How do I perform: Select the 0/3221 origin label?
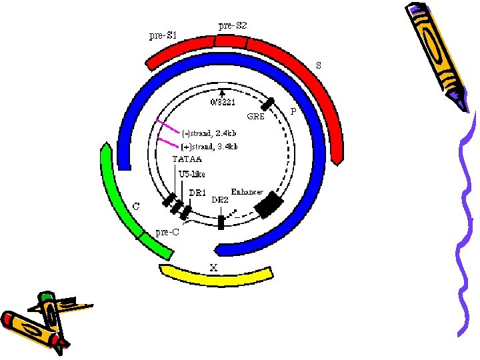(x=222, y=102)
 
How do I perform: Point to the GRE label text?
(x=256, y=116)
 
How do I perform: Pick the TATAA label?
(x=187, y=159)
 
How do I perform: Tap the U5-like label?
(x=192, y=175)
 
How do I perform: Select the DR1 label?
(x=197, y=193)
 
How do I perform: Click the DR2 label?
(x=220, y=199)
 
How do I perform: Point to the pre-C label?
(x=167, y=232)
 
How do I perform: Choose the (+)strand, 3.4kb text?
(x=209, y=146)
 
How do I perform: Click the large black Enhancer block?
(x=269, y=203)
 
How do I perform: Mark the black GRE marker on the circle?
(x=268, y=104)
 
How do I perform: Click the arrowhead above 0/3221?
(x=222, y=93)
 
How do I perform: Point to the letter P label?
(x=293, y=111)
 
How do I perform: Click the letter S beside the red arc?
(x=319, y=65)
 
